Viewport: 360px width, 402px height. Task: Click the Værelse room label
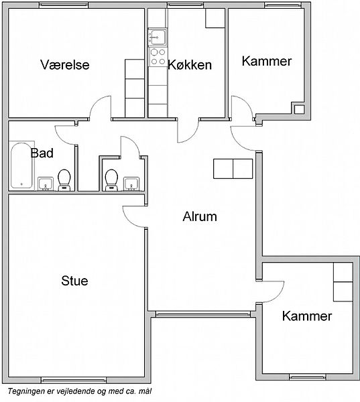[65, 64]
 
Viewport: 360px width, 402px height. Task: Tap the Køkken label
[190, 65]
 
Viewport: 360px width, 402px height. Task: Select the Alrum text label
[200, 216]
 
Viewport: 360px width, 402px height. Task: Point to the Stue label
[74, 281]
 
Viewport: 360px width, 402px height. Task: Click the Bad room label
[42, 153]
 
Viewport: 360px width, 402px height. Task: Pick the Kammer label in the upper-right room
[267, 61]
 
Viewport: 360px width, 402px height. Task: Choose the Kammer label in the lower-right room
[307, 316]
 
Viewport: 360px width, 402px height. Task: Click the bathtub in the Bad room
[21, 165]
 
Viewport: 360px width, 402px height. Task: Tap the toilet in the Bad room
[64, 180]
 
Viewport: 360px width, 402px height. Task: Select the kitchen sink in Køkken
[158, 38]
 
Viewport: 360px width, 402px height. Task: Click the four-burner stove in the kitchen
[158, 57]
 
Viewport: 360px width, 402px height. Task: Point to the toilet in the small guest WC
[111, 180]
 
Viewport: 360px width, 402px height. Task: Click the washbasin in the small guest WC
[131, 184]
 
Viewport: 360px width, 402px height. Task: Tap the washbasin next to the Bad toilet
[46, 184]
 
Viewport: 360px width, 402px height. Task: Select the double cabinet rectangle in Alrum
[233, 169]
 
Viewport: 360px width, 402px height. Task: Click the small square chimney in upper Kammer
[299, 109]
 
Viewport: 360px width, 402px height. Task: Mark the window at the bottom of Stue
[74, 380]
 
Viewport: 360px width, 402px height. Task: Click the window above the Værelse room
[64, 5]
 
